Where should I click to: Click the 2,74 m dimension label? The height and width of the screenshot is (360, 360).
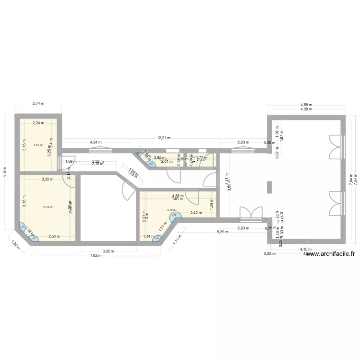[38, 103]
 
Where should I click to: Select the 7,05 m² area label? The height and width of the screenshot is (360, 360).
[38, 145]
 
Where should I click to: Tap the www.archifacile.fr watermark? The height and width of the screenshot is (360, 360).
[331, 255]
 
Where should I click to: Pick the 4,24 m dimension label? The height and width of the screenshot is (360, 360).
[96, 142]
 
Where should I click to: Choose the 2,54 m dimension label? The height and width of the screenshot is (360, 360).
[55, 237]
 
